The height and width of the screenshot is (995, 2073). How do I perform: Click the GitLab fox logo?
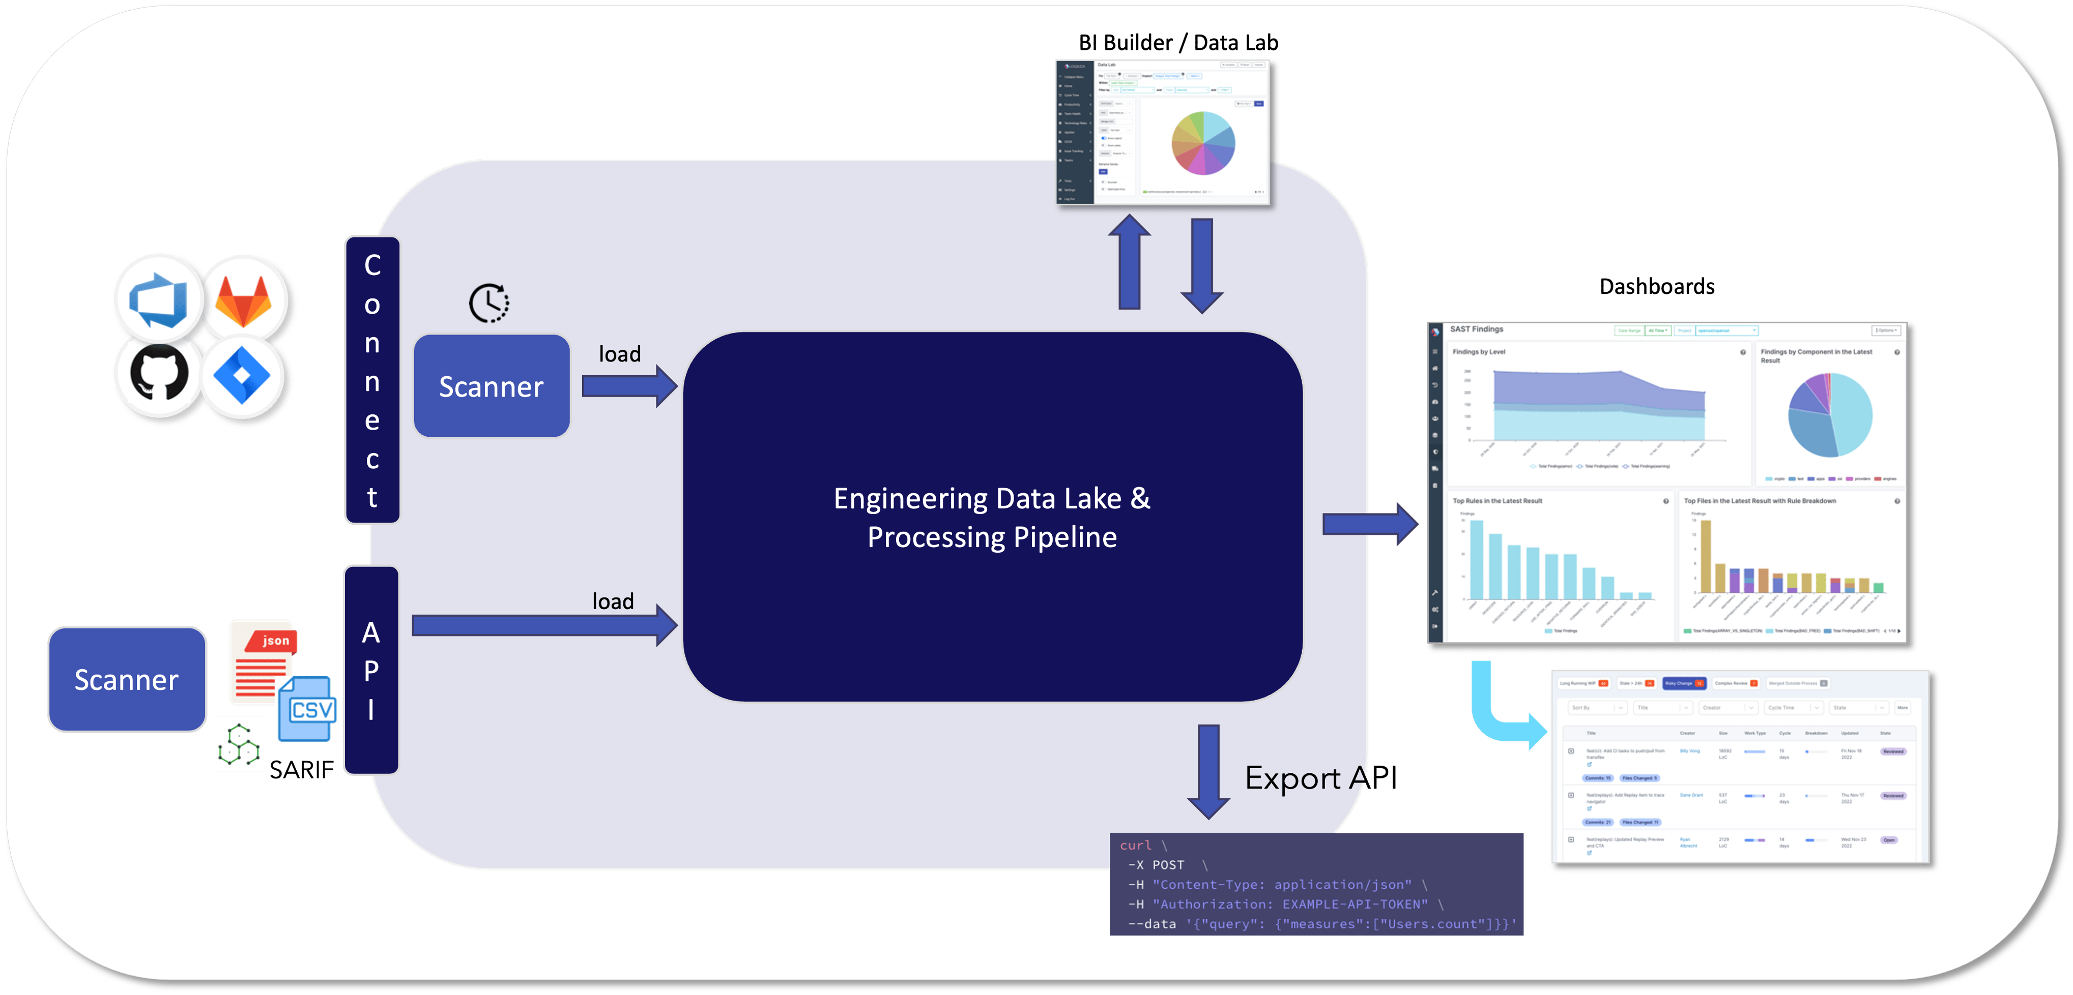pos(244,300)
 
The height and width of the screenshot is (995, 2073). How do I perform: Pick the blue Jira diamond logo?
pos(241,375)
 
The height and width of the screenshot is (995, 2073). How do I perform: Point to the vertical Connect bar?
pos(372,380)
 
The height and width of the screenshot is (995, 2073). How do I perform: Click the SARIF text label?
pos(301,770)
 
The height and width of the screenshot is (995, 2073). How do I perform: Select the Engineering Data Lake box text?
pos(991,517)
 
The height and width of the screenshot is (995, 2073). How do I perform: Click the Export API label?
pos(1320,778)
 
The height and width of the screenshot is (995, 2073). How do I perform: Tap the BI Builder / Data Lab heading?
pos(1178,43)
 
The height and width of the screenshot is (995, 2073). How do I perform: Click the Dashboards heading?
pos(1656,286)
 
